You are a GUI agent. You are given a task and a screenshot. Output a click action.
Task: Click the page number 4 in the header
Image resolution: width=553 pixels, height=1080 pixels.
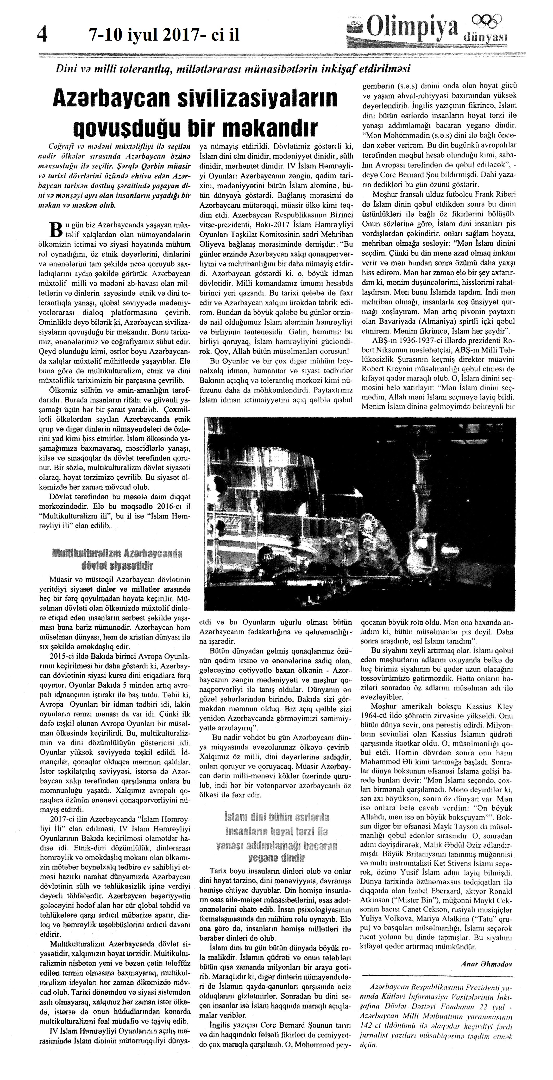(42, 33)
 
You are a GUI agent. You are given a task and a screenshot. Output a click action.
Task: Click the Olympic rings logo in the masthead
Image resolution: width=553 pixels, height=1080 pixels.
(486, 20)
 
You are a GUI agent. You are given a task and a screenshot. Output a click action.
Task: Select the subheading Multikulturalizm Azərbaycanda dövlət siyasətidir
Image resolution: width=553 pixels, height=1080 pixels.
(117, 559)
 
